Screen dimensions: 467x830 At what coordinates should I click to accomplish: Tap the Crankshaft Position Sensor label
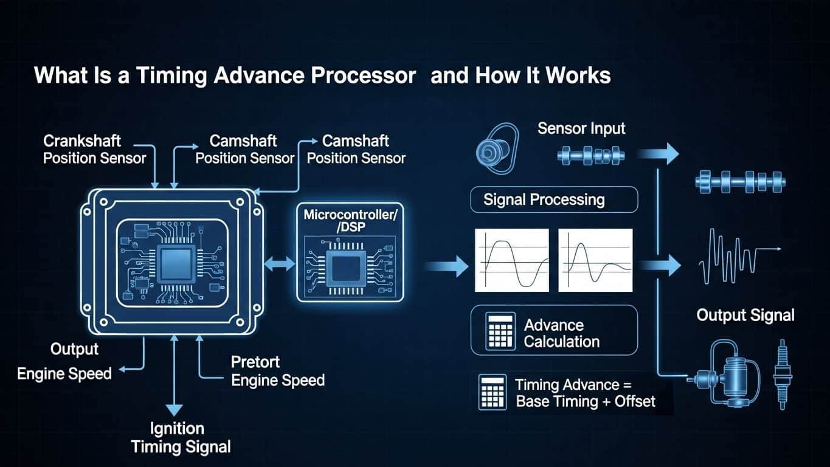click(94, 150)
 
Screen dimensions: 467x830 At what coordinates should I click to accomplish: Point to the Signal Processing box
click(554, 199)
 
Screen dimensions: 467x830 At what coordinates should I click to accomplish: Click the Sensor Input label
click(581, 129)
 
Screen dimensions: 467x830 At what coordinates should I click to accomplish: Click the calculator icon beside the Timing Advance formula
click(493, 392)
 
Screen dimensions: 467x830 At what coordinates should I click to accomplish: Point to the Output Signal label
click(745, 315)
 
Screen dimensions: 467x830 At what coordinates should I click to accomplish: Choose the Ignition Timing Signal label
click(181, 438)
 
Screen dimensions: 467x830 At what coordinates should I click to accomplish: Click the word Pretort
click(255, 362)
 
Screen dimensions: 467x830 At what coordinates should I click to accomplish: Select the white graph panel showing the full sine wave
click(511, 260)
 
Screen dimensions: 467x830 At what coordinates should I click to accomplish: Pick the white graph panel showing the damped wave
click(595, 260)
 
